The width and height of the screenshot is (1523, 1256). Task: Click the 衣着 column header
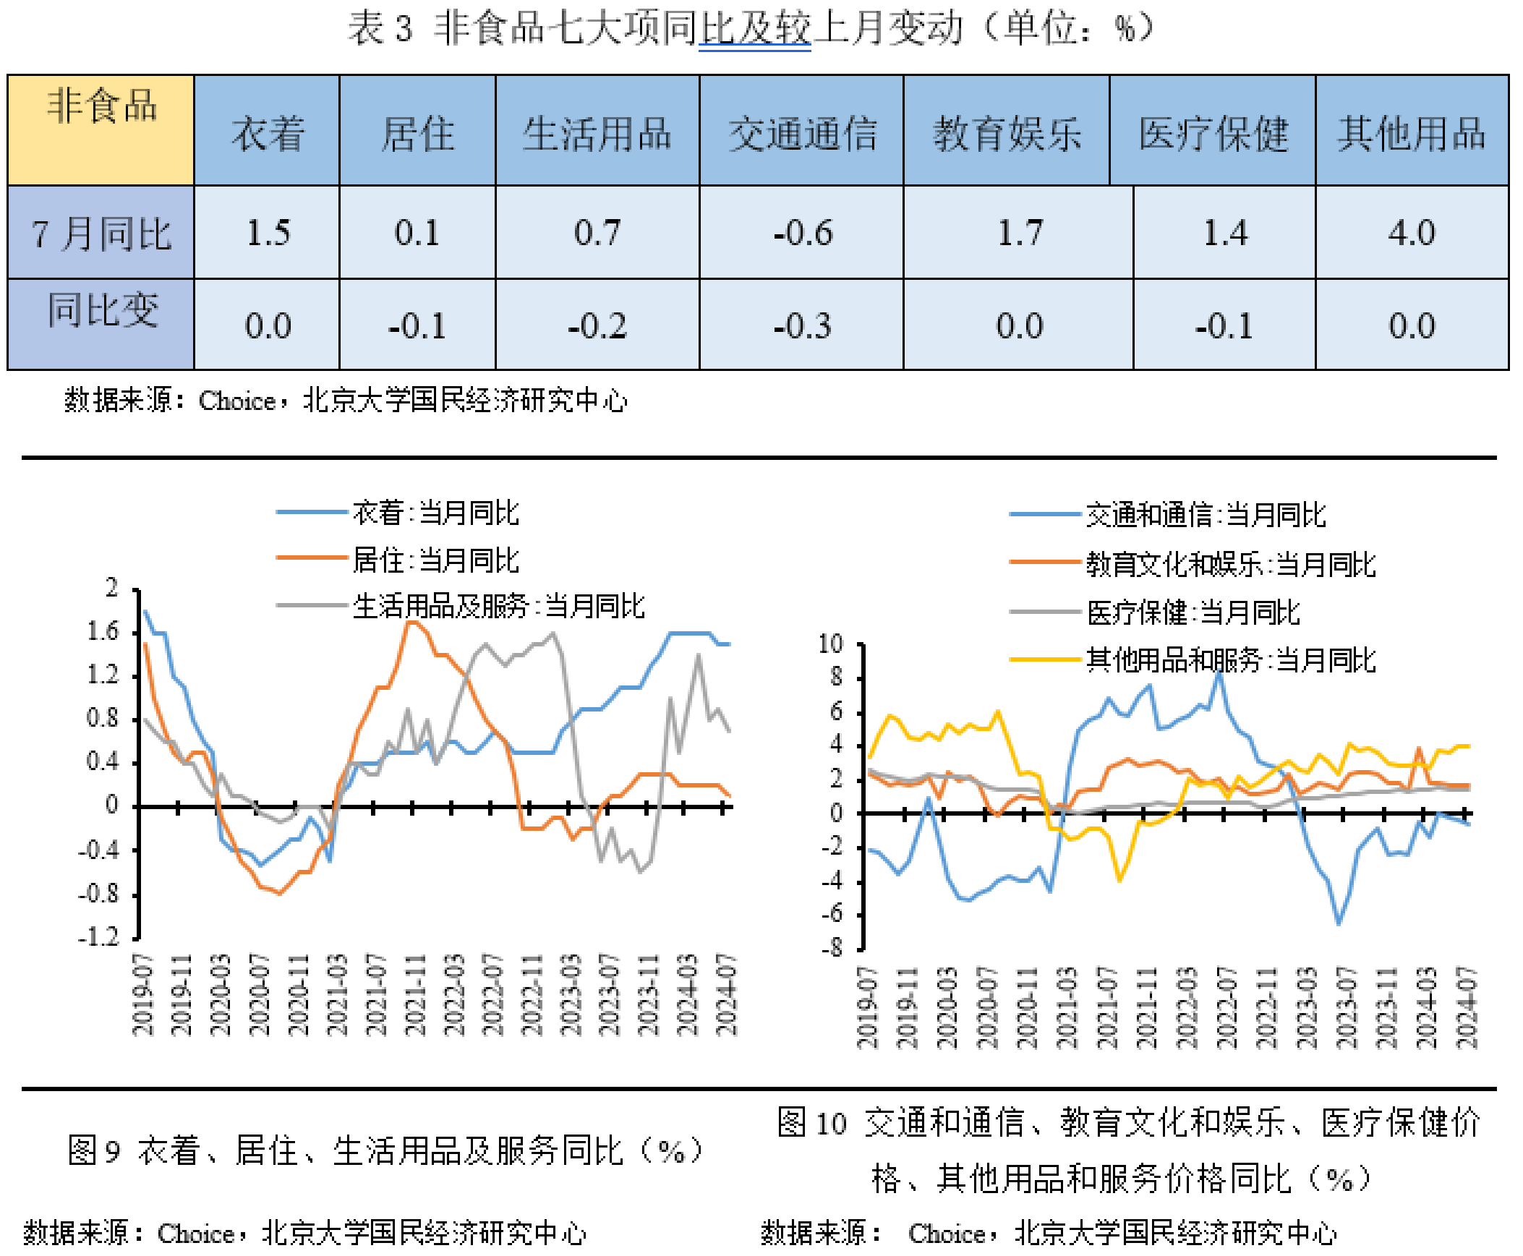coord(267,134)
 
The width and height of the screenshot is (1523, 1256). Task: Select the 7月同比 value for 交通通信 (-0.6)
coord(802,233)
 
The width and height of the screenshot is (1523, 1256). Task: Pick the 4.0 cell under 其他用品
coord(1411,233)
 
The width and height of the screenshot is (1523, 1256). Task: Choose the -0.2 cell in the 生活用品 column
coord(597,325)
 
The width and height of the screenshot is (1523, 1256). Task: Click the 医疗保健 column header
coord(1213,134)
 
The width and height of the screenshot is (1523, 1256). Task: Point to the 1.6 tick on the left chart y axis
coord(103,632)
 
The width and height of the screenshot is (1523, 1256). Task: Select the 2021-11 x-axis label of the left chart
coord(414,994)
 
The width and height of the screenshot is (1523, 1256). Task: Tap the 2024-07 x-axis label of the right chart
coord(1467,1007)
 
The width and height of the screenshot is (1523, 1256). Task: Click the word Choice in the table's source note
coord(236,401)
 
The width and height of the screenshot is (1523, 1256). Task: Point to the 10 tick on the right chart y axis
coord(831,644)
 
